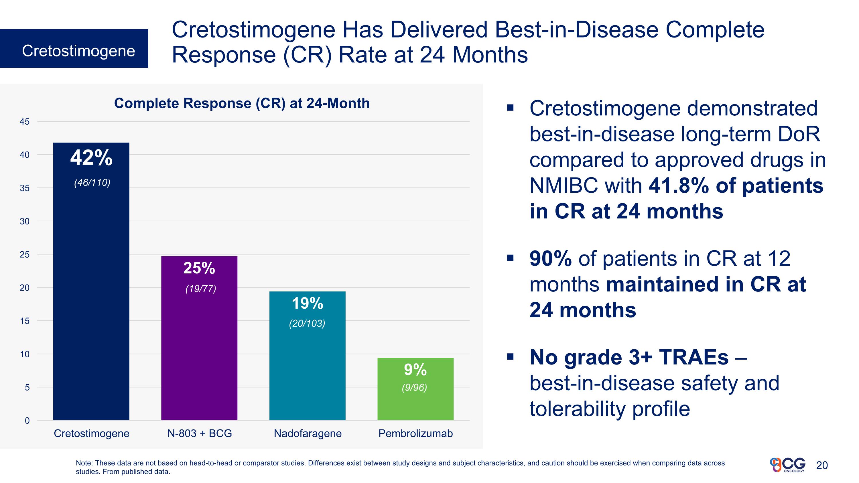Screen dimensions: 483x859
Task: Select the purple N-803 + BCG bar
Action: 199,350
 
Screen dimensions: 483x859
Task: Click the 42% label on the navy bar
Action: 91,158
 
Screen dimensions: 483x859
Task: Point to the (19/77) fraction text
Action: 200,289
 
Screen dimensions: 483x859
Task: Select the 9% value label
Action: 415,369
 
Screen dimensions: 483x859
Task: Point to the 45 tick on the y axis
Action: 24,122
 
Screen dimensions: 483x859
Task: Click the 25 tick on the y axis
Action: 24,255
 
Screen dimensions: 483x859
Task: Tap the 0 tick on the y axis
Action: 27,421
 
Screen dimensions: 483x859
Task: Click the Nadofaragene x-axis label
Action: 308,433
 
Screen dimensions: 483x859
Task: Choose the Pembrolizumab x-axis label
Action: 415,433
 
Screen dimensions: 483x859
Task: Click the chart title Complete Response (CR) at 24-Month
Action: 242,103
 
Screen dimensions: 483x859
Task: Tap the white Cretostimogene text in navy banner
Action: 78,51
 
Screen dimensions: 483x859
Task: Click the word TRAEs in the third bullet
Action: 693,357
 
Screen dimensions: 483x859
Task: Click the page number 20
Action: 822,465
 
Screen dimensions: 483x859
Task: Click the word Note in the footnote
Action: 84,463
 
